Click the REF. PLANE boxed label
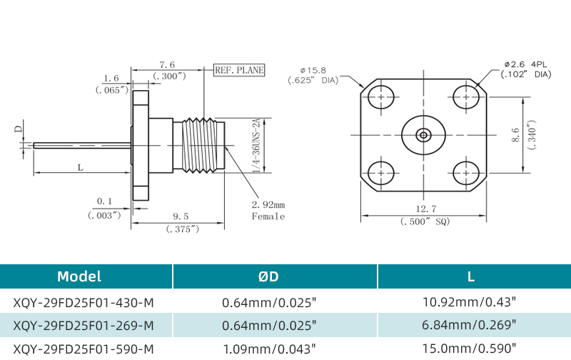240,70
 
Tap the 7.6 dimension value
168,65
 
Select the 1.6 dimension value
111,79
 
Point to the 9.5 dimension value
181,216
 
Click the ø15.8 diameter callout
313,70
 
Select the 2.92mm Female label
268,211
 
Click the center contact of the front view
423,134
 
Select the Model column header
79,276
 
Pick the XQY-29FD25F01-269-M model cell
84,326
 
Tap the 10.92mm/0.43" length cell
469,302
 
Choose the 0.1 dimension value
105,201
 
